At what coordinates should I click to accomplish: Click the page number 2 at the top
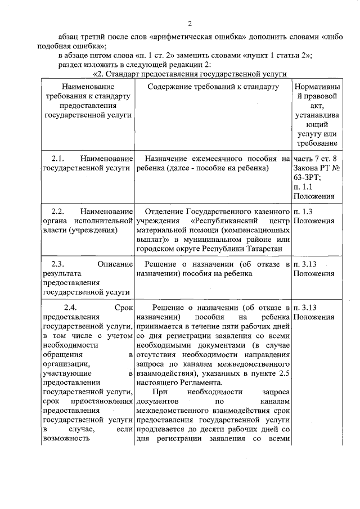click(x=190, y=24)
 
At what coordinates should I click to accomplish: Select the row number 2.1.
click(x=60, y=159)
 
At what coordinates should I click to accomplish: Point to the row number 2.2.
click(x=60, y=211)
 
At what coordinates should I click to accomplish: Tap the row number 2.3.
click(x=60, y=264)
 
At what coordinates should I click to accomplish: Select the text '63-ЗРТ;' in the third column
click(x=307, y=177)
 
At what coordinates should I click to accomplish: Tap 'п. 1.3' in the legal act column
click(x=304, y=211)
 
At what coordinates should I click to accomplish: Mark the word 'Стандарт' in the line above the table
click(x=127, y=74)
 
